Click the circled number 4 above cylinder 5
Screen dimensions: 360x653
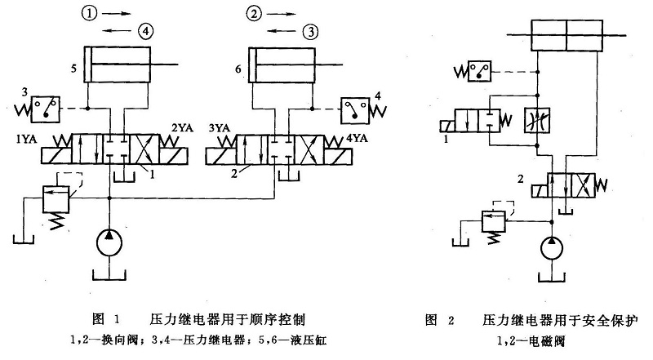pyautogui.click(x=145, y=32)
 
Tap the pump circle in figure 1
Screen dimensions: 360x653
pyautogui.click(x=110, y=242)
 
